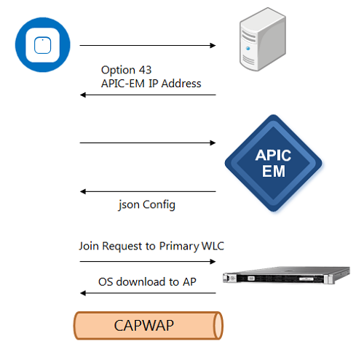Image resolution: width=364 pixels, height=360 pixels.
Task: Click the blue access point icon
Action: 43,45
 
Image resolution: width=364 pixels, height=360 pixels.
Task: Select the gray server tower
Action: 263,39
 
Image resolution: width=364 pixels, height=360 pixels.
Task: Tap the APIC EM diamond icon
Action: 274,163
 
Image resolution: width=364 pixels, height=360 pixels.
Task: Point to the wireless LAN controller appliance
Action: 286,275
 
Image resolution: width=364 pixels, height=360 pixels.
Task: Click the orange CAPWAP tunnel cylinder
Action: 149,325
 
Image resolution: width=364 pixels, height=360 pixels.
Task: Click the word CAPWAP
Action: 144,325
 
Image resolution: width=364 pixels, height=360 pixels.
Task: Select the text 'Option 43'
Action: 126,70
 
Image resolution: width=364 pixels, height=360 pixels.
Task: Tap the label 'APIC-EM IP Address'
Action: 151,84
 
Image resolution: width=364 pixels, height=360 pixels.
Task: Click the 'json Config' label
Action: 147,205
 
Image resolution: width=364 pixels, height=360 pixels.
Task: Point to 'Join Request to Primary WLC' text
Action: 151,246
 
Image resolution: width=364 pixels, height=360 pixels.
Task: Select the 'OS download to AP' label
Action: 147,281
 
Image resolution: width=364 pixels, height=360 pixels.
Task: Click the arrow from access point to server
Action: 148,45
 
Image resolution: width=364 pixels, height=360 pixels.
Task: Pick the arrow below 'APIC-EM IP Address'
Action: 148,95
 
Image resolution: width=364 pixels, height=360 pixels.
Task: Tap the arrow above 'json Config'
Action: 148,191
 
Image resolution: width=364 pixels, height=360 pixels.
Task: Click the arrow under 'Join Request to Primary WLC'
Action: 148,261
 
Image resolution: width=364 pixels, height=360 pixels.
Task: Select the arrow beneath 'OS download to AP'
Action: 148,293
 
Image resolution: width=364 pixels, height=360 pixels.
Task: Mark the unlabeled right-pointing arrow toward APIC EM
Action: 148,143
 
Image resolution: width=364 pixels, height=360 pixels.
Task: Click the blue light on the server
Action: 248,49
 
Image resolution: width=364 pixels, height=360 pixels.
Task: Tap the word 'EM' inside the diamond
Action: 274,171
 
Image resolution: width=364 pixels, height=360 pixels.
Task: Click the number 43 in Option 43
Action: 145,70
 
